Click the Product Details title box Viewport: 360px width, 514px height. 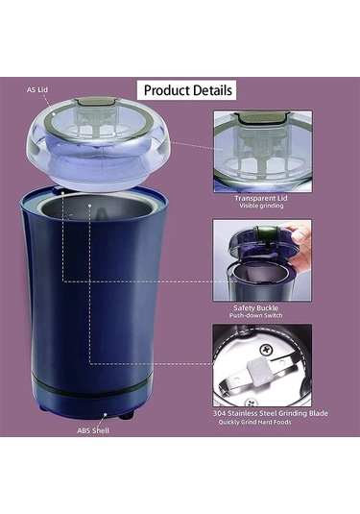(186, 90)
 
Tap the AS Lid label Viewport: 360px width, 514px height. (37, 89)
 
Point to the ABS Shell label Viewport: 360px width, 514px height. (93, 430)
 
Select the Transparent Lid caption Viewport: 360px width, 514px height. (261, 198)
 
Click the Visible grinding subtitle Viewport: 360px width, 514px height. (261, 206)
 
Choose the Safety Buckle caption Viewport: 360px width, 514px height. (255, 308)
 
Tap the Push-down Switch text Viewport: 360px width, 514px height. (255, 316)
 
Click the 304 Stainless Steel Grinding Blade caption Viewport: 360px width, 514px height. (271, 413)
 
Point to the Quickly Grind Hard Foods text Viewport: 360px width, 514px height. (254, 422)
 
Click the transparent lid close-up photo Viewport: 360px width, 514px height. (263, 152)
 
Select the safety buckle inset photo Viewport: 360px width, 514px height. (262, 260)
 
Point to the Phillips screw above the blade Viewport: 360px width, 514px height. (266, 350)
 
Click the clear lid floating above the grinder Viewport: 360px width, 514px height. (98, 144)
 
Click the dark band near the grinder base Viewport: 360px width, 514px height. (89, 388)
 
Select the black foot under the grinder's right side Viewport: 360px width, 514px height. (126, 416)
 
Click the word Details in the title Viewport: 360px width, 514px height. (212, 90)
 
